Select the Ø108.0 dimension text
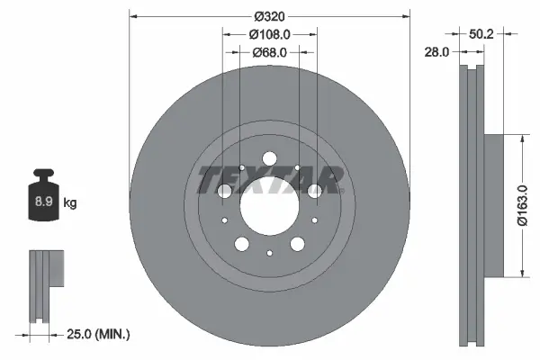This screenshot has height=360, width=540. tap(269, 34)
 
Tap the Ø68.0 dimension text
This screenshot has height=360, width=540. tap(269, 52)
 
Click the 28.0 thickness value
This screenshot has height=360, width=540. tap(436, 52)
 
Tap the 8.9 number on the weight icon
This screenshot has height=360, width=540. tap(42, 202)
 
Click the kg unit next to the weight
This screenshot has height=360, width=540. tap(70, 203)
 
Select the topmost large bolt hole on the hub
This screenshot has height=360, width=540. tap(269, 159)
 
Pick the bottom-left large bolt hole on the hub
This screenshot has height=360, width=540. tap(241, 243)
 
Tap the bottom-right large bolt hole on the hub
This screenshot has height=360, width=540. tap(297, 243)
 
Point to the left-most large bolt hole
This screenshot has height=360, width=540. tap(224, 190)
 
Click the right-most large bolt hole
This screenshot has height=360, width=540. tap(315, 190)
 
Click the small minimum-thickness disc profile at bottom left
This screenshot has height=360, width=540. tap(47, 287)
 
